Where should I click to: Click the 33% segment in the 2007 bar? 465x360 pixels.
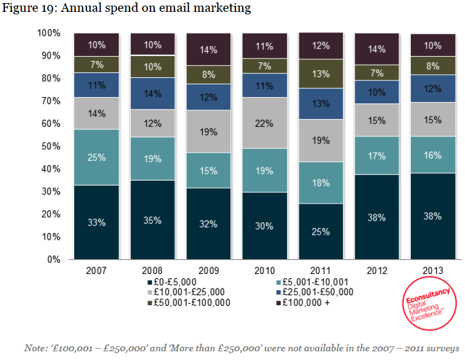(96, 222)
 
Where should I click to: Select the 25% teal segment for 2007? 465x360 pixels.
(96, 158)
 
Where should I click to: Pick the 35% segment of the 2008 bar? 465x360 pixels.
(153, 220)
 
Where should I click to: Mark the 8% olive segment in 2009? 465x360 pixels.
(209, 75)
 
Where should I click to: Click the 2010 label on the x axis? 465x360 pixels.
(265, 270)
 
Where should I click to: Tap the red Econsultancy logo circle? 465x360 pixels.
(428, 304)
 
